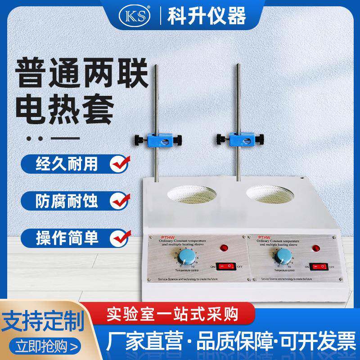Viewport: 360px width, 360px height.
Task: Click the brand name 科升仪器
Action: (207, 16)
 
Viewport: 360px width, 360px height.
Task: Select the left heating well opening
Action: (189, 194)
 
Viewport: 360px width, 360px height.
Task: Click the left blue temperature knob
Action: (184, 258)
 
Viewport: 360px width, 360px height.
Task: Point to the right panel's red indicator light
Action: (316, 248)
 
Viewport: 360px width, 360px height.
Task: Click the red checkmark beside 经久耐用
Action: (120, 163)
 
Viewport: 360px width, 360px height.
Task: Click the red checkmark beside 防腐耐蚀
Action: (120, 199)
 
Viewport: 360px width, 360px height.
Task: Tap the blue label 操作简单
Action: (67, 236)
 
